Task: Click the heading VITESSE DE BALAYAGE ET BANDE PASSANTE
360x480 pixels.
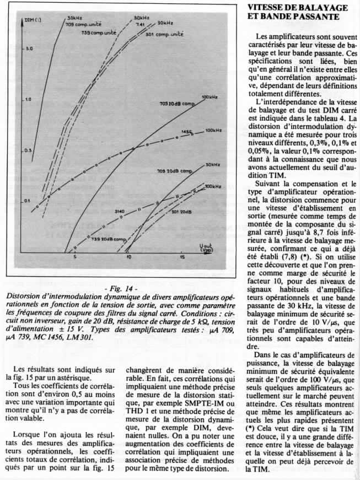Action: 298,12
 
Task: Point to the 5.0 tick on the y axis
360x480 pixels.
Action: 29,49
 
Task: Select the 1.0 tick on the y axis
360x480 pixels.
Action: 29,100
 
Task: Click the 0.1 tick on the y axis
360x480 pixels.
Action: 29,202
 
